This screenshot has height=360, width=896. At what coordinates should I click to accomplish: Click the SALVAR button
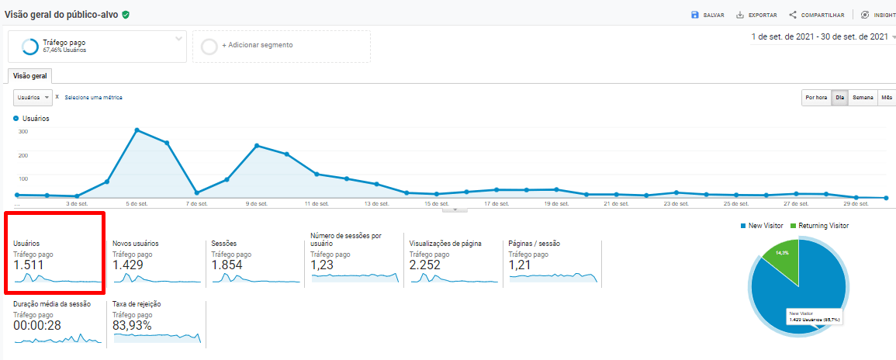[x=707, y=15]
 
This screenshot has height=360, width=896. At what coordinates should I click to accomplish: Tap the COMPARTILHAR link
[x=816, y=15]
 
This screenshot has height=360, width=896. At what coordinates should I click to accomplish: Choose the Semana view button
[x=863, y=98]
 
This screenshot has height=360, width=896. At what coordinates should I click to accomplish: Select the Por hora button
[x=815, y=98]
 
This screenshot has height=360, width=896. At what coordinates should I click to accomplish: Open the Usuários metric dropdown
[x=33, y=97]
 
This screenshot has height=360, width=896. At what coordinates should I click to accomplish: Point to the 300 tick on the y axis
[x=22, y=131]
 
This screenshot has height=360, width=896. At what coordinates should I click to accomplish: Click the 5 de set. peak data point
[x=137, y=130]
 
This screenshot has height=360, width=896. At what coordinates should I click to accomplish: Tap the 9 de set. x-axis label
[x=256, y=204]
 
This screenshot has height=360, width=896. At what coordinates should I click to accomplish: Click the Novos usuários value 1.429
[x=129, y=265]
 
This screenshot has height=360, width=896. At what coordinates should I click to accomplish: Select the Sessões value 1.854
[x=227, y=265]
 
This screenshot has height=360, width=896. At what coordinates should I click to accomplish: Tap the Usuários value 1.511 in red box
[x=29, y=265]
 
